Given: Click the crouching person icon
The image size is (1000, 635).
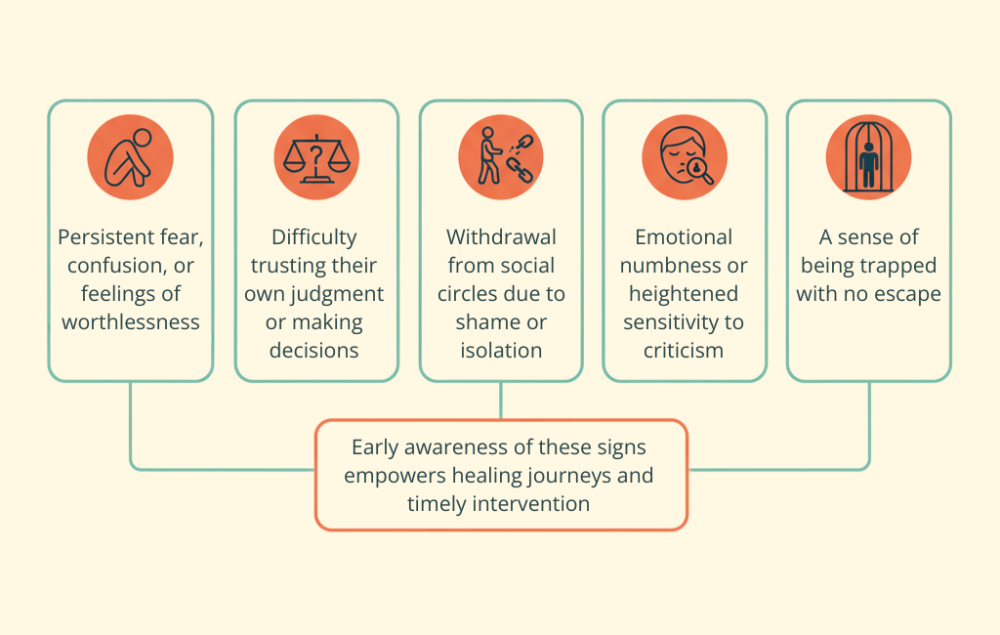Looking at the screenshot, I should [x=130, y=157].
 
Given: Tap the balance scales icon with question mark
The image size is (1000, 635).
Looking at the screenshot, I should [x=315, y=157].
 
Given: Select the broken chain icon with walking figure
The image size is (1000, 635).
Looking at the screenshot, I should [x=501, y=157].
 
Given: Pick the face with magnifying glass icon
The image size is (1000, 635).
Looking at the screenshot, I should [x=684, y=157].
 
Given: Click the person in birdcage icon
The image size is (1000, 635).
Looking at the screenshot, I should [x=868, y=157].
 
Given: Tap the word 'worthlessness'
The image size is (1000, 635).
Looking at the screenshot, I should [x=130, y=322].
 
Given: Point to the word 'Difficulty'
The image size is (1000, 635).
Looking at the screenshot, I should [x=315, y=237].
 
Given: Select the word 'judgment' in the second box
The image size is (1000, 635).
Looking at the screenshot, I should [x=344, y=294].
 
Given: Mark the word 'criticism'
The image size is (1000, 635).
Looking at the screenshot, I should [x=684, y=351].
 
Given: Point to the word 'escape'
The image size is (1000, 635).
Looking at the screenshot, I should [x=908, y=294].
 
